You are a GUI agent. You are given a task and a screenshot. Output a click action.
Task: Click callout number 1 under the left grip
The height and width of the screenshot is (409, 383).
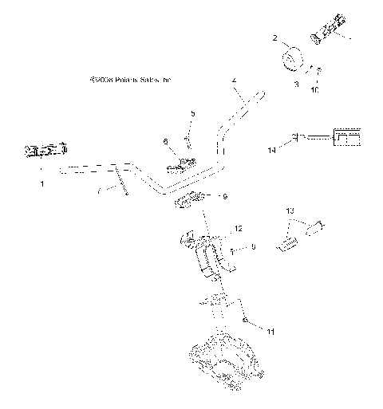pos(42,184)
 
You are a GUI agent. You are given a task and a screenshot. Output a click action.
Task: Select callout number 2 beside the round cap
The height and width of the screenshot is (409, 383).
pos(274,37)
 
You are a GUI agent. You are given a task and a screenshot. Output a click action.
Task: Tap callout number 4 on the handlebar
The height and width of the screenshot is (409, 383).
pos(234,81)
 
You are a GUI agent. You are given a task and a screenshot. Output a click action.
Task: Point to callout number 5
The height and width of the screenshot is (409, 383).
pos(191,115)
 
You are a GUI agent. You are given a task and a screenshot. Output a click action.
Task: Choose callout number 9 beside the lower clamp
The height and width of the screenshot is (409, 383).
pos(225,195)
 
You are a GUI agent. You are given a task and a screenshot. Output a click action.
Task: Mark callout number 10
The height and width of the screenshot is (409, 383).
pos(314,91)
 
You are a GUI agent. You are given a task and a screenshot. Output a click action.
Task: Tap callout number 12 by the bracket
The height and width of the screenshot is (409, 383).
pos(237,230)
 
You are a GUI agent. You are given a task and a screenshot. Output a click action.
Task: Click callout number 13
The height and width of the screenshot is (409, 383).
pos(290,209)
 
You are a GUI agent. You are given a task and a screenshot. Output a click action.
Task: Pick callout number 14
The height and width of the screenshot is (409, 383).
pos(272,150)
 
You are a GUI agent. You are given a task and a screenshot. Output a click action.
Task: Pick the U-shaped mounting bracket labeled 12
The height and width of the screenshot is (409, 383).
pos(207,255)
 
